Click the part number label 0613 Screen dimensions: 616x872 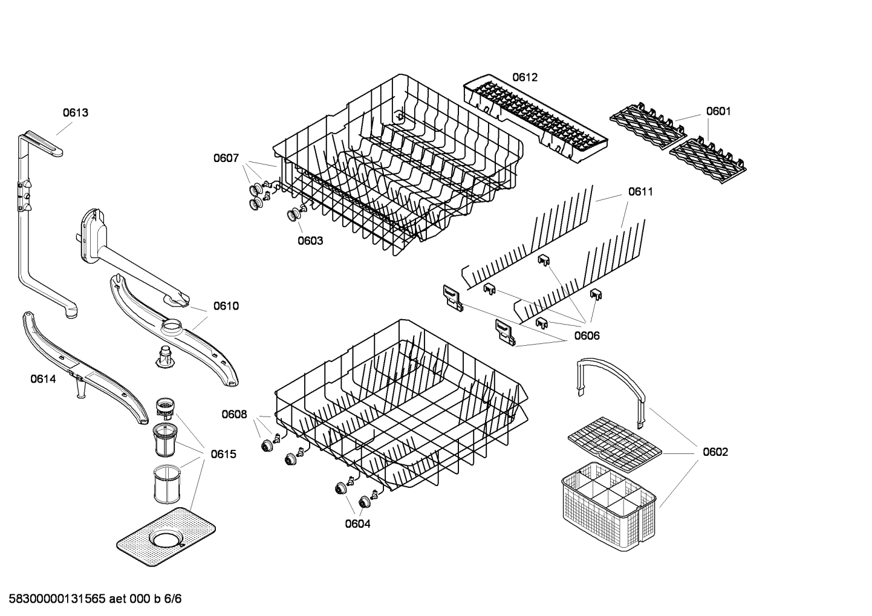[x=76, y=112]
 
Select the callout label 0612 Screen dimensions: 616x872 [x=524, y=77]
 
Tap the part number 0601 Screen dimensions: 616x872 [x=718, y=111]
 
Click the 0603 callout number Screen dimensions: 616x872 [x=310, y=241]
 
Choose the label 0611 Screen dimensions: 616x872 [x=640, y=192]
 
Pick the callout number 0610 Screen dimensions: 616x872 [x=226, y=306]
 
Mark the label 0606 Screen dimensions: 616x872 [x=587, y=336]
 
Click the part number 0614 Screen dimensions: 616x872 [x=43, y=379]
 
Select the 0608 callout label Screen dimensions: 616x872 [x=234, y=414]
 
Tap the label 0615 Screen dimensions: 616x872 [x=223, y=454]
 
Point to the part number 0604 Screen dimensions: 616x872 [x=357, y=524]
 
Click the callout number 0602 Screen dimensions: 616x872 [x=715, y=452]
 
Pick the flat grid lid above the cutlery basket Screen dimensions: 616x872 [x=614, y=443]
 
